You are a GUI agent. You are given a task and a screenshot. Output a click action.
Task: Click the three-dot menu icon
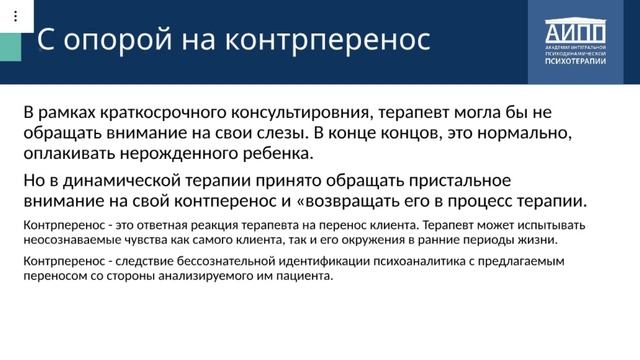[14, 16]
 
